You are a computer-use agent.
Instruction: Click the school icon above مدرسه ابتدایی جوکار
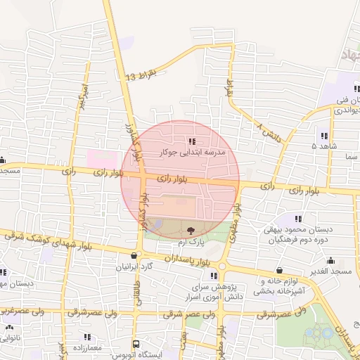click(193, 142)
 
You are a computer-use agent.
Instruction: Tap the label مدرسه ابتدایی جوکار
click(193, 152)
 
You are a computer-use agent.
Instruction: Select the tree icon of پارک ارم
click(191, 230)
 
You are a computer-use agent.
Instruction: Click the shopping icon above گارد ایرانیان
click(135, 255)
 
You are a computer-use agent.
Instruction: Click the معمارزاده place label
click(86, 348)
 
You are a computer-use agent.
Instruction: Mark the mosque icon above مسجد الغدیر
click(279, 270)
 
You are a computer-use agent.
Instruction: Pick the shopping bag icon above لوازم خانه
click(279, 270)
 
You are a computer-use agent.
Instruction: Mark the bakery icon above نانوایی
click(9, 327)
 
